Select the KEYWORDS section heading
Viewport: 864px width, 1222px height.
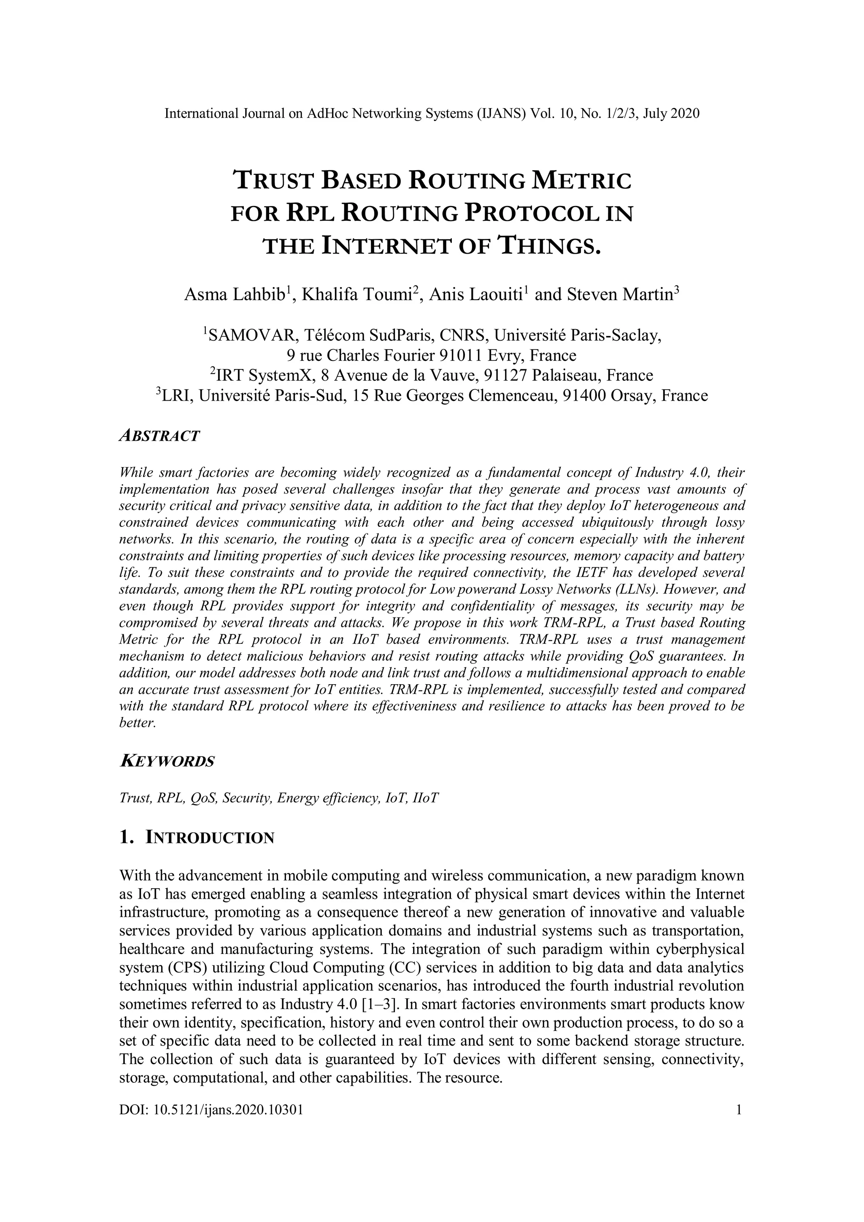coord(167,761)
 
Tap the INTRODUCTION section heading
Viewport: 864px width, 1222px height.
coord(210,838)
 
